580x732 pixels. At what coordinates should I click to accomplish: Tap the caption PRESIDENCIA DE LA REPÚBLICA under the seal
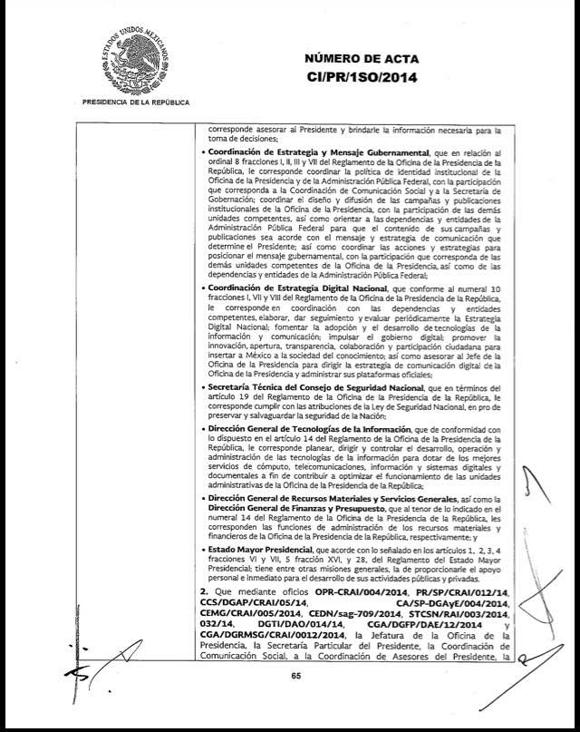(135, 102)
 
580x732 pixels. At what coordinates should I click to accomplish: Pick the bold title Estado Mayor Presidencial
(256, 549)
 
